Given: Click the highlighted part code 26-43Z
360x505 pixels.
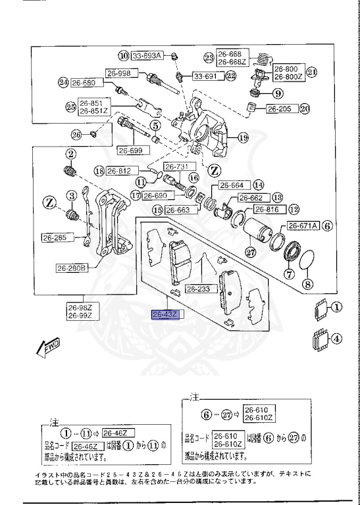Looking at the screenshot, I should coord(165,314).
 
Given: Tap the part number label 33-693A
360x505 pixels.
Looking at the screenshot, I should coord(147,55).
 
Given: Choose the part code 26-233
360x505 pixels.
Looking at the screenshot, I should coord(198,289).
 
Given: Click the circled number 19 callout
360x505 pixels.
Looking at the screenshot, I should coord(243,137).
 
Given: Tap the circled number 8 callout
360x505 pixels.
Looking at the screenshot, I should coord(307,284).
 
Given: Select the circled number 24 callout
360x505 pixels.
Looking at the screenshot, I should coord(63,83).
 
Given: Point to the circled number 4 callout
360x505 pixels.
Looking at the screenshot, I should coord(336,340).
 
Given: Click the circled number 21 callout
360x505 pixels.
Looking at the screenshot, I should coord(312,72).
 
